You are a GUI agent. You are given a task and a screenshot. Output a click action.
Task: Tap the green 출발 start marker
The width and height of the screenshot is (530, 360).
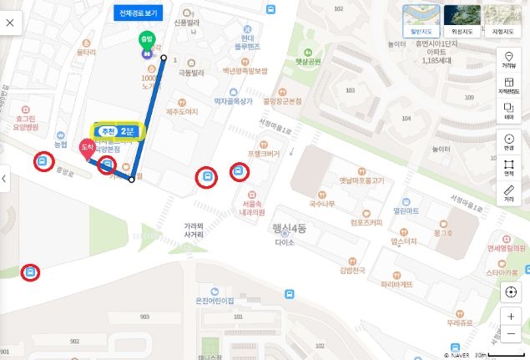coord(147,43)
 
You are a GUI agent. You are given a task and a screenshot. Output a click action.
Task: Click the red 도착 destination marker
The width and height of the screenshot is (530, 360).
coord(85,149)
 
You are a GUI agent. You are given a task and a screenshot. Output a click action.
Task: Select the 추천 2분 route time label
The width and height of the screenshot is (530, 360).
coord(118,131)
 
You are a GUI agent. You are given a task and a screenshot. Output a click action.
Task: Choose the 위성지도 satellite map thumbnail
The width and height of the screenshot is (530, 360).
coord(462,19)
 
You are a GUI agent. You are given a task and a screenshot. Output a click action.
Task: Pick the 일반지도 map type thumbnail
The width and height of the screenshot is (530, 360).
coord(421,19)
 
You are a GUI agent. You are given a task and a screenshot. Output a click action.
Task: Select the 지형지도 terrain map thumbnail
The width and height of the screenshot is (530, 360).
coord(502,19)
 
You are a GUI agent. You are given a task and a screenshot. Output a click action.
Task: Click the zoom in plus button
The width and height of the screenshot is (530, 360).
coord(510,317)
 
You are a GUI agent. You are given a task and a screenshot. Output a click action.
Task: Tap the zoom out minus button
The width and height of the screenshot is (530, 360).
coord(510,334)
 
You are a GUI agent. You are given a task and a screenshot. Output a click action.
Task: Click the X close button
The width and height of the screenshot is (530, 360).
coord(10,23)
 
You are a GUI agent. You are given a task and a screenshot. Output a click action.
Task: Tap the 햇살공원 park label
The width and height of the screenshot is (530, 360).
coord(308,61)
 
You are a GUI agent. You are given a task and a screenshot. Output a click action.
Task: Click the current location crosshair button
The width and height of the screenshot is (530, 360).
coord(510,292)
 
